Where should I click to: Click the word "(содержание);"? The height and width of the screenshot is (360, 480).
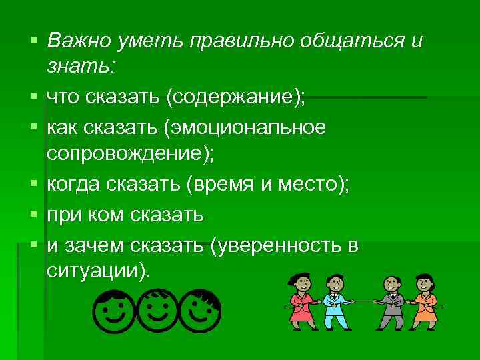point(237,99)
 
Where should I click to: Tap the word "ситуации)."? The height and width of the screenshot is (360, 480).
point(100,271)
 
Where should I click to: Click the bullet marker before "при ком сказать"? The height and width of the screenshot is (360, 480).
point(31,213)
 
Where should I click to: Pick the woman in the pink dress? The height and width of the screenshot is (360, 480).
point(301,301)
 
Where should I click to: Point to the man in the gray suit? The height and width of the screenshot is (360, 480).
point(392,303)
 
